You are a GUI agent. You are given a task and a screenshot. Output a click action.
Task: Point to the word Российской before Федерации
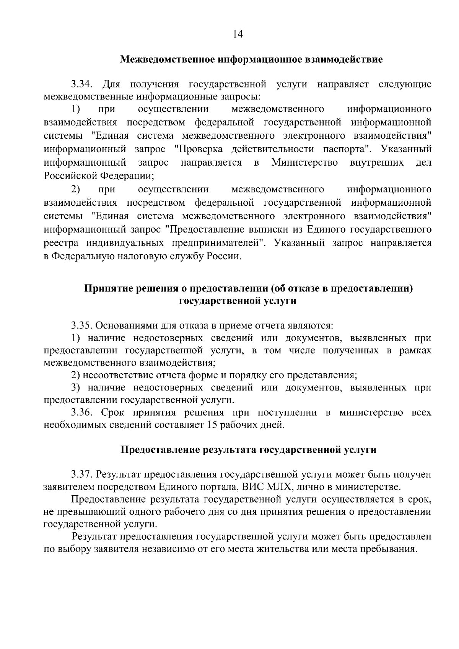70,176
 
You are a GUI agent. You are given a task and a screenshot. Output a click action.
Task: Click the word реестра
61,243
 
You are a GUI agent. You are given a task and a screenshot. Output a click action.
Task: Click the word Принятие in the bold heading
108,288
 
